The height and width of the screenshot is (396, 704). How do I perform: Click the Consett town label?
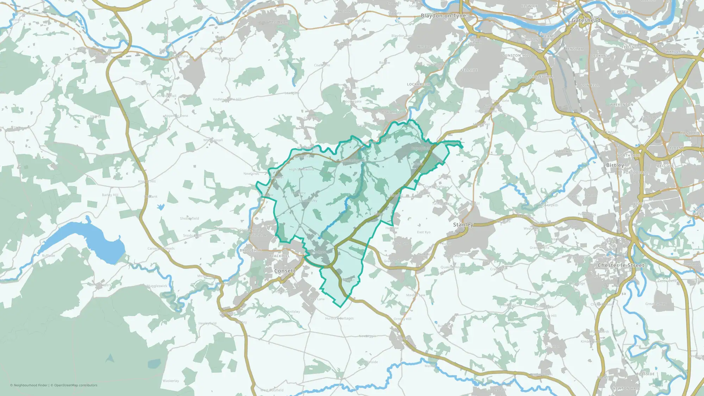pos(285,271)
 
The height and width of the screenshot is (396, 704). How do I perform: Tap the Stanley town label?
pos(463,225)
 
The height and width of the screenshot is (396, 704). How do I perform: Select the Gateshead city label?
pos(586,20)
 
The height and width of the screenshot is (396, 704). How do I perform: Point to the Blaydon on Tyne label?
pos(443,16)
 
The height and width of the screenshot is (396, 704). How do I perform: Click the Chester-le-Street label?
pos(621,265)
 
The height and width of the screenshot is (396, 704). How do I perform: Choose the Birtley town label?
pos(615,165)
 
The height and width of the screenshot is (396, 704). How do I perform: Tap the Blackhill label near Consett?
pos(279,256)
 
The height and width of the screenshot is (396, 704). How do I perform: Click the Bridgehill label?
pos(251,250)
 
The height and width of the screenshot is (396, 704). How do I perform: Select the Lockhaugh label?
pos(419,84)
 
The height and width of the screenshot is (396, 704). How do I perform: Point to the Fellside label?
pos(469,70)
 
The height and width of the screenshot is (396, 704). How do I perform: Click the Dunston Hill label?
pos(516,56)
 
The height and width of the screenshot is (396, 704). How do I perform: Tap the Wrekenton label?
pos(622,105)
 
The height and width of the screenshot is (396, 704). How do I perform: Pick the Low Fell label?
pos(590,86)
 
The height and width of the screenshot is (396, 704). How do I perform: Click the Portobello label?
pos(635,173)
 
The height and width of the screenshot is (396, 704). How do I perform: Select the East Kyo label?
pos(424,232)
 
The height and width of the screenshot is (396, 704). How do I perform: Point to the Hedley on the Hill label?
pos(227,99)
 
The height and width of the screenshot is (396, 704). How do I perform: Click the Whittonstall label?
pos(213,140)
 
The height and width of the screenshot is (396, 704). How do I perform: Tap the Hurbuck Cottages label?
pos(339,318)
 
